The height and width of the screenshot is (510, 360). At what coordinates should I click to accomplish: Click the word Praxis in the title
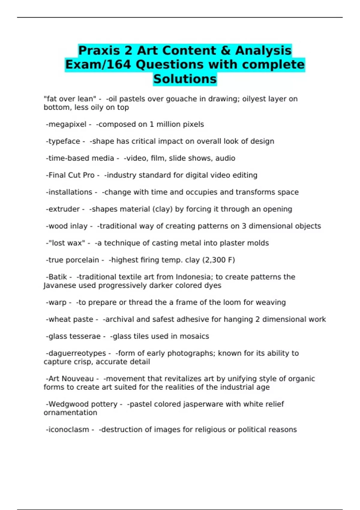click(99, 50)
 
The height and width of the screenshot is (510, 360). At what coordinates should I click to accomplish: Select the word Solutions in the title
click(185, 79)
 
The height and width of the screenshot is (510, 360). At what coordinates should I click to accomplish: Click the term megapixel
click(67, 124)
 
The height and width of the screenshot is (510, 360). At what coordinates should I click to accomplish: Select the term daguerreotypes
click(77, 353)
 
